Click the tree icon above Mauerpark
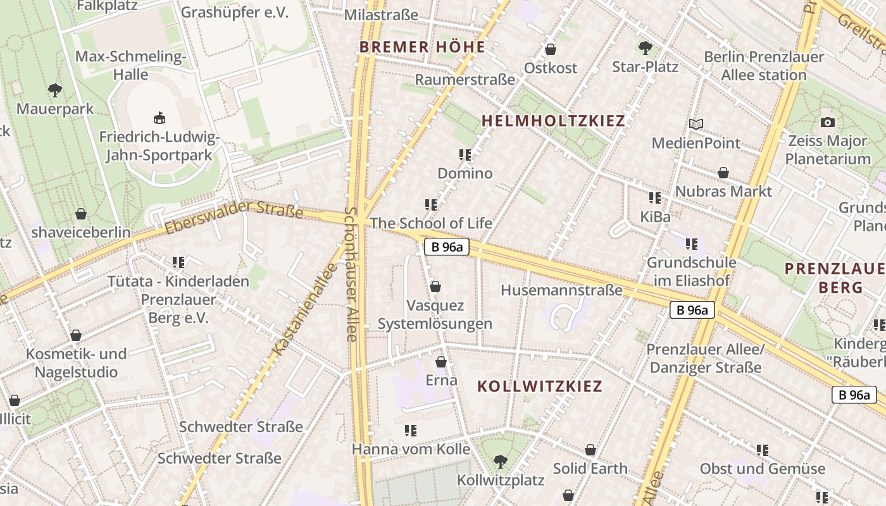55,90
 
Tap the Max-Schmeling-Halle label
131,65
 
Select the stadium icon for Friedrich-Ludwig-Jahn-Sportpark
159,118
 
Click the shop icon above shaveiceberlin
81,214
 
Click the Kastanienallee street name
304,310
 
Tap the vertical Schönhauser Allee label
352,273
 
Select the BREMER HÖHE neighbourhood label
422,47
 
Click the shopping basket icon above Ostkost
551,49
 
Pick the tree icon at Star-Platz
645,47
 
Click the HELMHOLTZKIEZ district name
553,121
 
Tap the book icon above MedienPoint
696,124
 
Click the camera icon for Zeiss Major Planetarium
827,122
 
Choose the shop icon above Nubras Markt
723,173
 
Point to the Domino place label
465,173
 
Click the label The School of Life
431,223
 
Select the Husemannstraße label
561,290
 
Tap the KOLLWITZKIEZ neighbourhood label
540,386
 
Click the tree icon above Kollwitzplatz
500,462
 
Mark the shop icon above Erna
441,362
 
